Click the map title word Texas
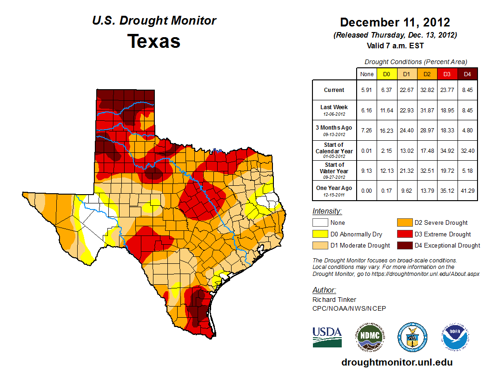(154, 41)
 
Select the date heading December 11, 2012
(395, 22)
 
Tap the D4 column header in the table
(467, 74)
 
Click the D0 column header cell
(386, 74)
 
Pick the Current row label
(334, 90)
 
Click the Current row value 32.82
(427, 90)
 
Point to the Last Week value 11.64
(386, 110)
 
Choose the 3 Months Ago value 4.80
(467, 131)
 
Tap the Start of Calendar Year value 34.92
(447, 151)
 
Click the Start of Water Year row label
(334, 171)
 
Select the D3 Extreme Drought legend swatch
(404, 234)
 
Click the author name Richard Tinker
(334, 300)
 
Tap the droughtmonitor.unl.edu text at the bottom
(397, 362)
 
